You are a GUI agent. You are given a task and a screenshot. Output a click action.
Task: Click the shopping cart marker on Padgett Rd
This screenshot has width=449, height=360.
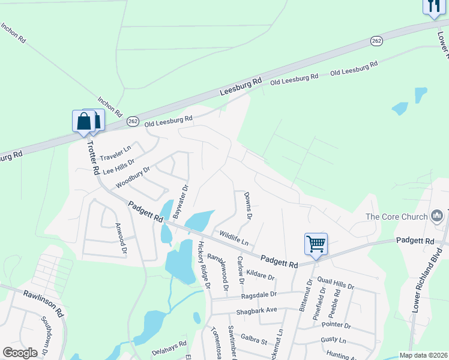316,244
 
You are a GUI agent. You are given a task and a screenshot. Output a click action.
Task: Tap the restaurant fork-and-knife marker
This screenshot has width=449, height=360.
433,7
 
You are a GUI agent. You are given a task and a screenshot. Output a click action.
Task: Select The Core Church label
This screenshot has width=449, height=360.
396,217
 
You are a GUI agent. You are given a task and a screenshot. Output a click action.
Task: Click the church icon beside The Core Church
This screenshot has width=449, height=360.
437,216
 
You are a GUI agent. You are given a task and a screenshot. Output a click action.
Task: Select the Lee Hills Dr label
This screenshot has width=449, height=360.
119,167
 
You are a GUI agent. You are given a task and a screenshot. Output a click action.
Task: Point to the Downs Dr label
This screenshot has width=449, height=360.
247,205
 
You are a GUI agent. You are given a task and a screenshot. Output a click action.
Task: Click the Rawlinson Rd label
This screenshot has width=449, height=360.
44,303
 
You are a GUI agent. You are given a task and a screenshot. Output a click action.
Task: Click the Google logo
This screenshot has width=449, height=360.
20,353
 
